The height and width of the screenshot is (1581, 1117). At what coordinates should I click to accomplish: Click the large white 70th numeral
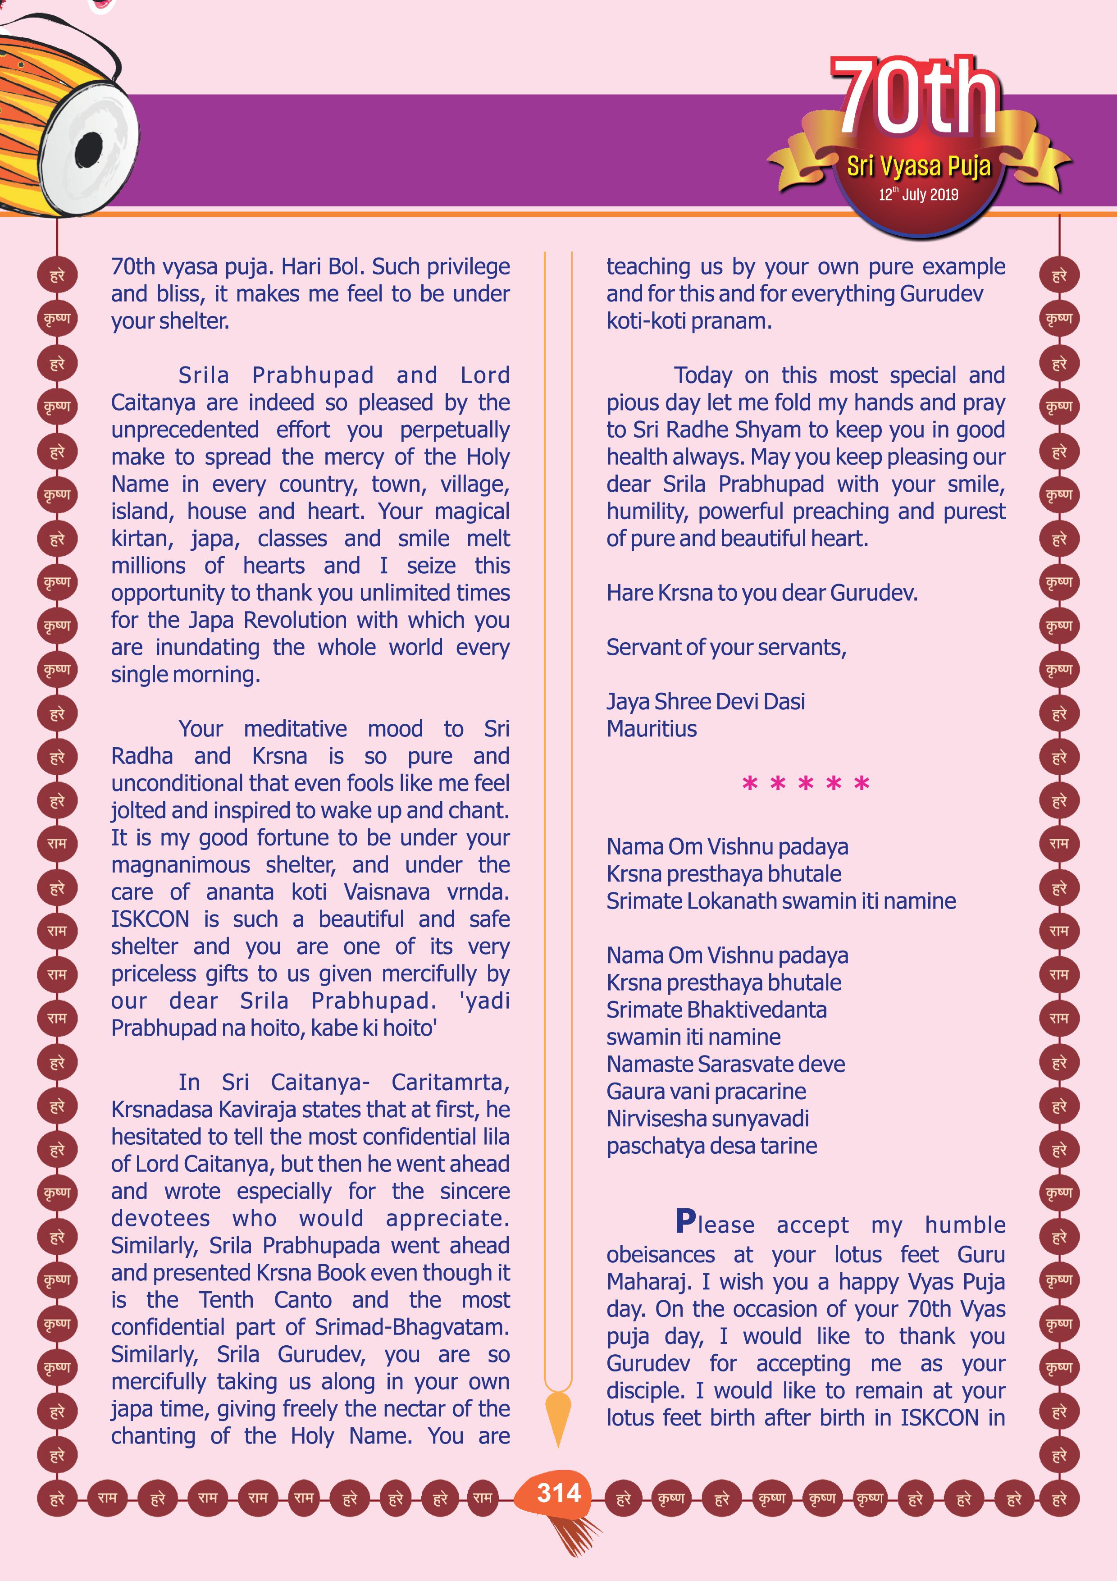[x=915, y=96]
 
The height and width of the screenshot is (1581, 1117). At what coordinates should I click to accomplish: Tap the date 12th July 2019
[x=918, y=195]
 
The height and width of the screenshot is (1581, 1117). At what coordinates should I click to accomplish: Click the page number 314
[x=559, y=1493]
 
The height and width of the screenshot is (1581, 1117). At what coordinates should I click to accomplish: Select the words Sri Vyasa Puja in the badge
[x=918, y=166]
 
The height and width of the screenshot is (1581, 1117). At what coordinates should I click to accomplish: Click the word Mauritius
[x=651, y=728]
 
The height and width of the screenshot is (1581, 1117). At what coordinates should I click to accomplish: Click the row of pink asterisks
[x=805, y=784]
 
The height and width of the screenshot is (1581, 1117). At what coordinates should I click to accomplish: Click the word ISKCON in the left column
[x=150, y=919]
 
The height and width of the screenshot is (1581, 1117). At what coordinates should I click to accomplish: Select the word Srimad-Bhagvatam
[x=411, y=1327]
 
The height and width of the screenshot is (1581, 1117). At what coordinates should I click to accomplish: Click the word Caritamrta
[x=450, y=1083]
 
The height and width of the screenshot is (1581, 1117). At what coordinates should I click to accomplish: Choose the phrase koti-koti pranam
[x=689, y=321]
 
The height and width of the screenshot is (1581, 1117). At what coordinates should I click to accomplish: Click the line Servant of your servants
[x=726, y=647]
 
